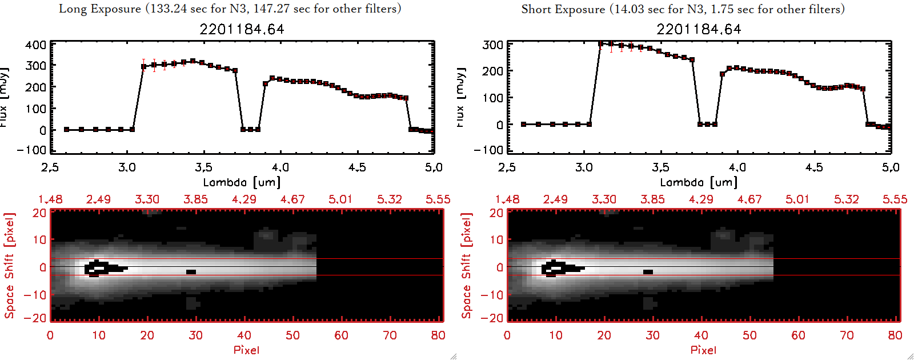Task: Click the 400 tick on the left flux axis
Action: [35, 45]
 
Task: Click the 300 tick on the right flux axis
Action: [492, 45]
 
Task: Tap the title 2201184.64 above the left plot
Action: [242, 29]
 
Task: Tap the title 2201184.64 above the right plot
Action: [699, 29]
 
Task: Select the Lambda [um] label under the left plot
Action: [242, 182]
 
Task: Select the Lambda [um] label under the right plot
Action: [699, 182]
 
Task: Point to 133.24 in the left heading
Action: [168, 9]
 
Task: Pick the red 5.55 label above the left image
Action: [438, 199]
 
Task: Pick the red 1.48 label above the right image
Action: [507, 199]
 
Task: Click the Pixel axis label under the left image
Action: [246, 350]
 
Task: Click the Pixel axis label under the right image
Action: [703, 350]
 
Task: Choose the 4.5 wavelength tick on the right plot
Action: [814, 167]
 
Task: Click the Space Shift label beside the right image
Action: [467, 266]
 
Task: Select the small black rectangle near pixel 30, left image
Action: [191, 272]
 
